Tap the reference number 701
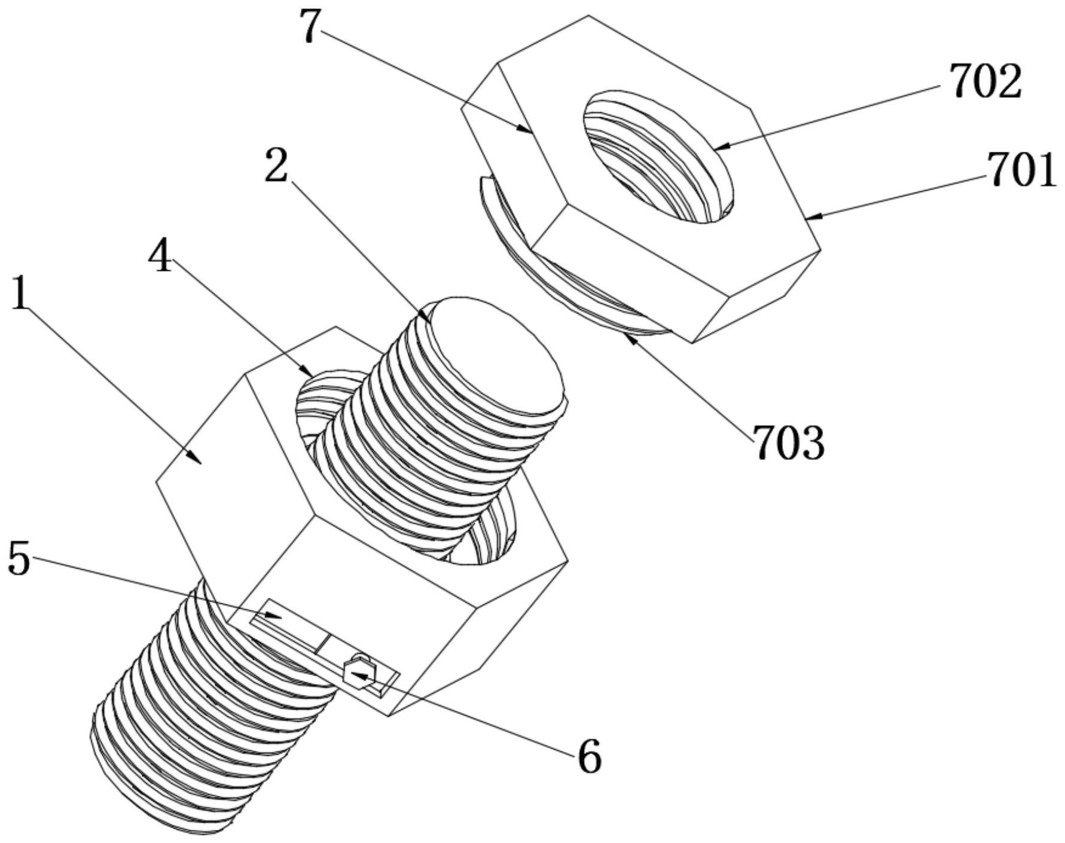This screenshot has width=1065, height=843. coord(1021,170)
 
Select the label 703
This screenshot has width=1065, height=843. coord(789,443)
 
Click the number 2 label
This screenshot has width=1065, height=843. coord(276,167)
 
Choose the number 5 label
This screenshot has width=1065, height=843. coord(19,560)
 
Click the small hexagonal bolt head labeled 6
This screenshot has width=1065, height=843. coord(359,673)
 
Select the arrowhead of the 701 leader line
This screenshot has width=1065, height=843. coord(808,218)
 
